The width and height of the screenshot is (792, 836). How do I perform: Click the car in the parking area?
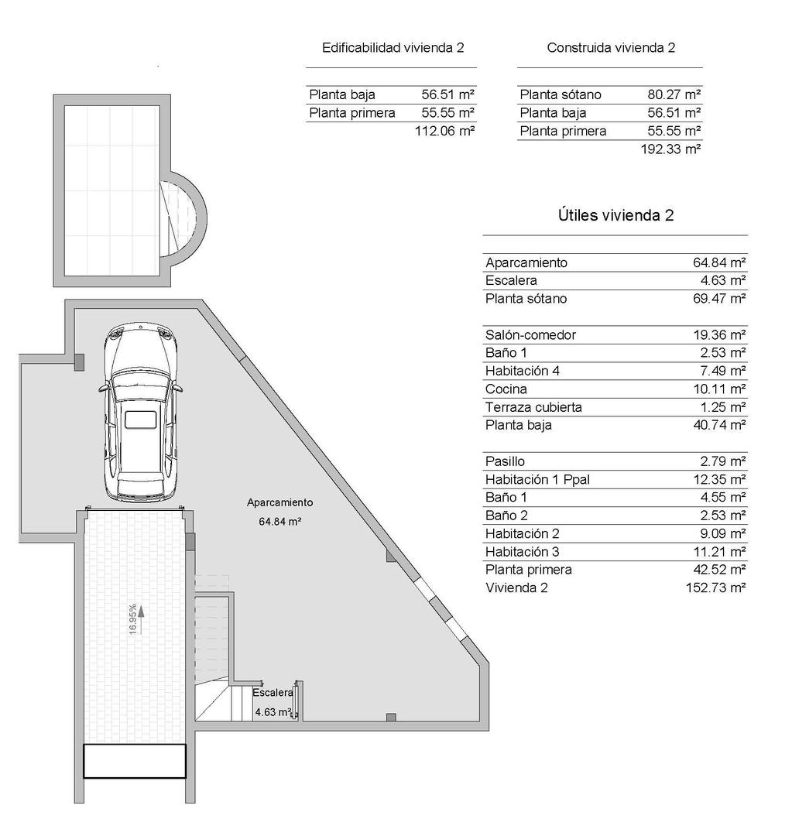click(142, 414)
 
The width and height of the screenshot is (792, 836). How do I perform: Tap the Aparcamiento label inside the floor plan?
click(279, 502)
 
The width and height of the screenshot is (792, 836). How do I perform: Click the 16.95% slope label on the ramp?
click(134, 619)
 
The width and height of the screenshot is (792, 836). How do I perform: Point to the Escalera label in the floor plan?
click(273, 693)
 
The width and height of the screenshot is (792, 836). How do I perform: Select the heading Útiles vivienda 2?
click(615, 216)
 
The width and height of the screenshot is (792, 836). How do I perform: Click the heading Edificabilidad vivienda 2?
click(393, 48)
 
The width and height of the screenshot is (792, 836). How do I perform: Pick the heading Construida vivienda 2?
click(611, 48)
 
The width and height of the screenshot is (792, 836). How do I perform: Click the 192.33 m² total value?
click(670, 149)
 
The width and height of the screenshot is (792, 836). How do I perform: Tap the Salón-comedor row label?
click(530, 335)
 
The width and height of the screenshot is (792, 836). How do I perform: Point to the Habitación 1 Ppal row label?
click(537, 480)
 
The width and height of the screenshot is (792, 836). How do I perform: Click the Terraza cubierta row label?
click(533, 407)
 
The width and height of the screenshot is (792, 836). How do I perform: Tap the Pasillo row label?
click(505, 462)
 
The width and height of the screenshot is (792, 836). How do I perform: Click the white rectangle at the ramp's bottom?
click(135, 761)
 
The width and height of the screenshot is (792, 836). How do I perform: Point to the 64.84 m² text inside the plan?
click(279, 522)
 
